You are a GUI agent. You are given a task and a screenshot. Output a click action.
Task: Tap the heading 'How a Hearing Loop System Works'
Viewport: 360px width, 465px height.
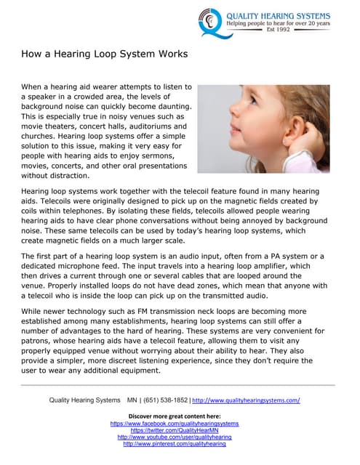point(105,54)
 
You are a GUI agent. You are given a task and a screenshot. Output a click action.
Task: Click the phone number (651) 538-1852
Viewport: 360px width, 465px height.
point(164,400)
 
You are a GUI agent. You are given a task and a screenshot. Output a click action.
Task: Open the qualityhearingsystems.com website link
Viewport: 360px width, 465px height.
point(246,400)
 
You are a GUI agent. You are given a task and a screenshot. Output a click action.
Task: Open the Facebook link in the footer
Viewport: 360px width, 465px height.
point(174,422)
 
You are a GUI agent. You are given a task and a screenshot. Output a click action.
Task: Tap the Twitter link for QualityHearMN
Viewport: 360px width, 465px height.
point(174,429)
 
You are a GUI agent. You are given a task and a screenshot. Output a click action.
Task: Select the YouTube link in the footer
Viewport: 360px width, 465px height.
point(174,437)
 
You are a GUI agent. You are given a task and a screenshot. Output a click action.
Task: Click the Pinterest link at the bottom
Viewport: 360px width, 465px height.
point(174,444)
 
